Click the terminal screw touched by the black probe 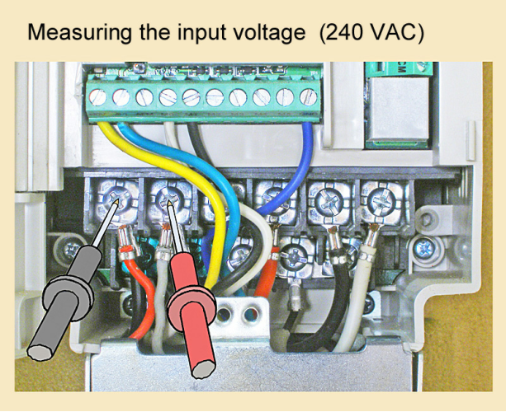tap(113, 199)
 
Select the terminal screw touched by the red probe tap(168, 199)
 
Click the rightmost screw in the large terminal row tap(381, 199)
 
